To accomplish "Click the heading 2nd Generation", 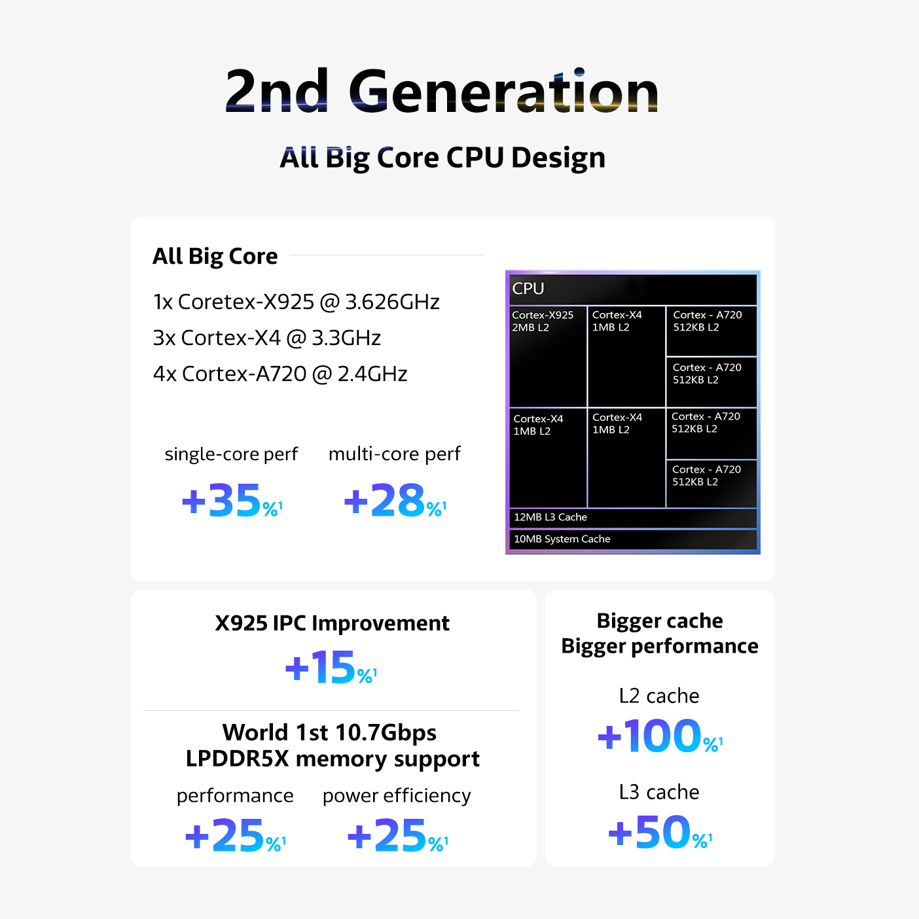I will point(442,92).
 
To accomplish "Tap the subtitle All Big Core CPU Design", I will point(442,158).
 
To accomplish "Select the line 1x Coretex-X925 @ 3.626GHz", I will point(296,302).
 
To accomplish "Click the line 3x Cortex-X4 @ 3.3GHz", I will point(266,338).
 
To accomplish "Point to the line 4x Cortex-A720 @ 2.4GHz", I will point(280,374).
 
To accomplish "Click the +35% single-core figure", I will point(231,501).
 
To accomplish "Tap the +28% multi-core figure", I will point(394,501).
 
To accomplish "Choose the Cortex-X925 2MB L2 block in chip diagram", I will point(547,356).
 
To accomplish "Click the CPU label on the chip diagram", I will point(528,289).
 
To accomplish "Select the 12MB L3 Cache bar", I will point(632,518).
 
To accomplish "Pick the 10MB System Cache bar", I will point(632,539).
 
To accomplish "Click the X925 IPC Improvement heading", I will point(332,623).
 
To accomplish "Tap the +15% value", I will point(331,668).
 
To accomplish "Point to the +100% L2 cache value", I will point(659,736).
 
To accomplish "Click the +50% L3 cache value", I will point(659,833).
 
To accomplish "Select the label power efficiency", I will point(397,796).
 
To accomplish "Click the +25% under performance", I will point(235,836).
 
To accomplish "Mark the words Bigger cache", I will point(660,621).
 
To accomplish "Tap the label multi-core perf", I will point(394,454).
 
